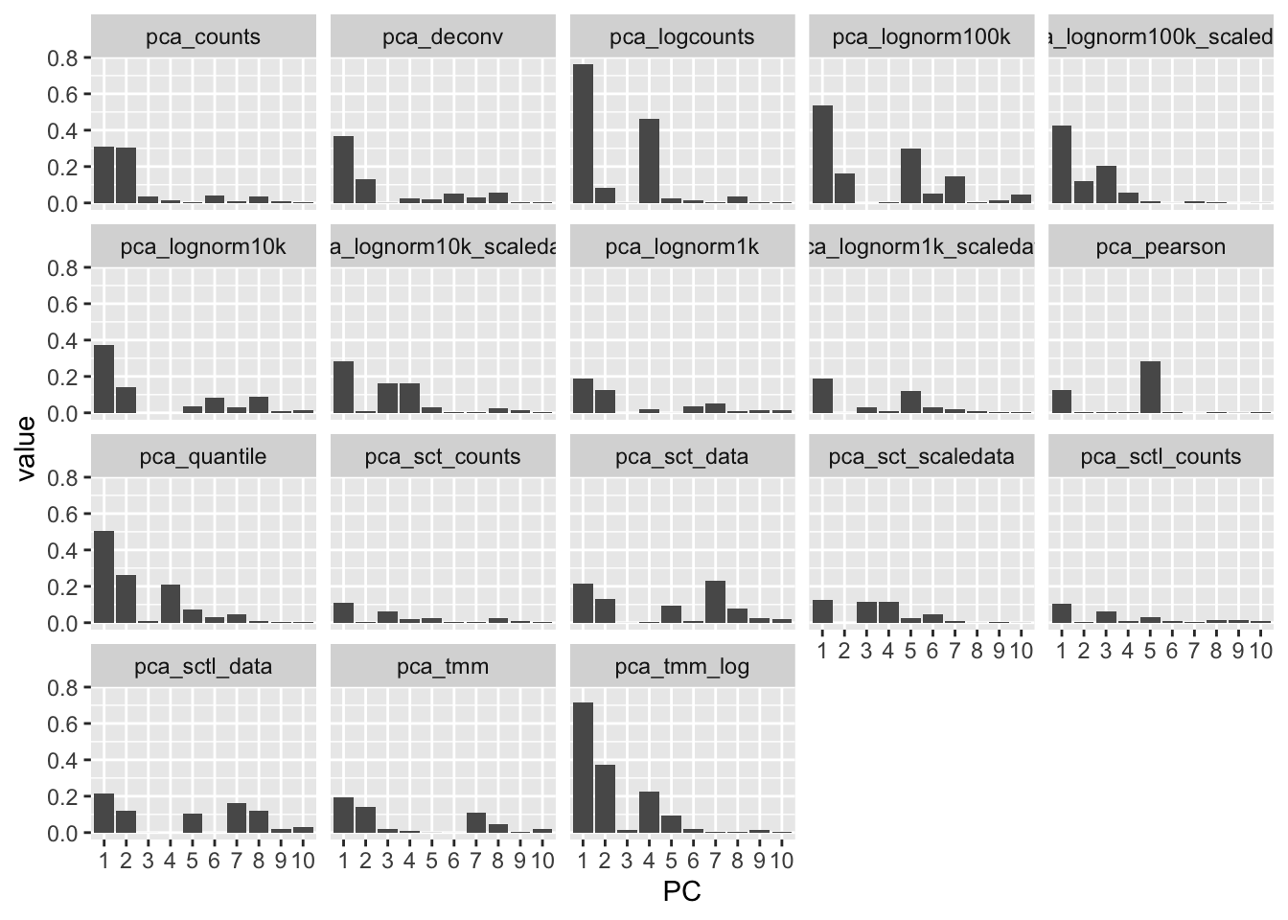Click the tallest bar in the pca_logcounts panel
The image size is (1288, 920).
pyautogui.click(x=583, y=134)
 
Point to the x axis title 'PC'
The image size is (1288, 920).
pyautogui.click(x=681, y=892)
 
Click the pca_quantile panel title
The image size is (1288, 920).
pyautogui.click(x=203, y=456)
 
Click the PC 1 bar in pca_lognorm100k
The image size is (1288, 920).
pyautogui.click(x=822, y=154)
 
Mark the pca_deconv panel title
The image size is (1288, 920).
pyautogui.click(x=443, y=37)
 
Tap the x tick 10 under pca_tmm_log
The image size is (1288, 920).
pyautogui.click(x=781, y=861)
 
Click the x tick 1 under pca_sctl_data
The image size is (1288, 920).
pyautogui.click(x=103, y=861)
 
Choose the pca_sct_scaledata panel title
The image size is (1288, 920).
pyautogui.click(x=921, y=456)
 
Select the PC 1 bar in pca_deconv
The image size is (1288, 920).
pyautogui.click(x=343, y=170)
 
